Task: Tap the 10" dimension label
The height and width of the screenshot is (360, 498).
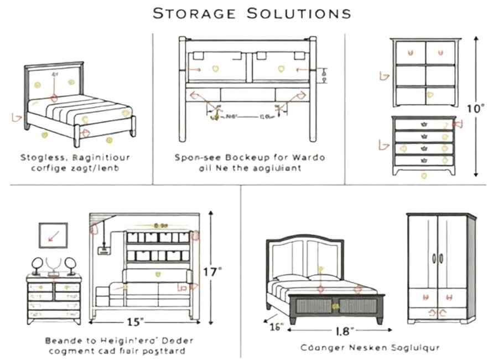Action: point(475,109)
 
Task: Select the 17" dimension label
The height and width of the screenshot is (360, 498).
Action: point(212,271)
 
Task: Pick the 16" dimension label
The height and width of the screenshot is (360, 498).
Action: point(277,326)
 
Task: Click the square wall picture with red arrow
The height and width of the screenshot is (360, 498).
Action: point(53,235)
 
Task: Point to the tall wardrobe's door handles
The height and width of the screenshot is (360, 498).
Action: point(438,258)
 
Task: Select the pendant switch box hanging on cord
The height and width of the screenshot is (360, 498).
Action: point(102,250)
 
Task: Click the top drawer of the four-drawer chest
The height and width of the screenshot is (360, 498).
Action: point(423,125)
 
